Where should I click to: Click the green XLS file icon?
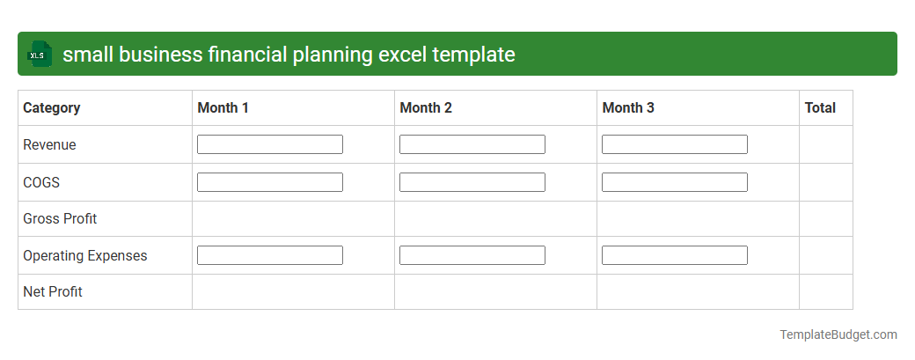39,54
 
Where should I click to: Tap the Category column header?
51,108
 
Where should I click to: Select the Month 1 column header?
223,108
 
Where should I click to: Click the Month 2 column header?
426,108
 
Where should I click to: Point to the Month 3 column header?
628,108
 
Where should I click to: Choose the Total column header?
820,108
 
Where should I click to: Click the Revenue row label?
49,145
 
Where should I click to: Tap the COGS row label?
41,182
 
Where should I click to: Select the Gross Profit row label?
60,218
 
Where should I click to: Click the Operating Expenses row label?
85,256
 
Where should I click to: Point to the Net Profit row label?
53,291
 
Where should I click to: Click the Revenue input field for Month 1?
270,144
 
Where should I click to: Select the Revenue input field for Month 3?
675,144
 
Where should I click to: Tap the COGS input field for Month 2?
472,182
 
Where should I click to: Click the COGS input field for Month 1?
270,182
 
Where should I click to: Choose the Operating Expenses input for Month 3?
675,255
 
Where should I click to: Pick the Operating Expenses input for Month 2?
472,255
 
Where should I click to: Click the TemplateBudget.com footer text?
838,334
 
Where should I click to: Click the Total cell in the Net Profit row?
825,291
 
